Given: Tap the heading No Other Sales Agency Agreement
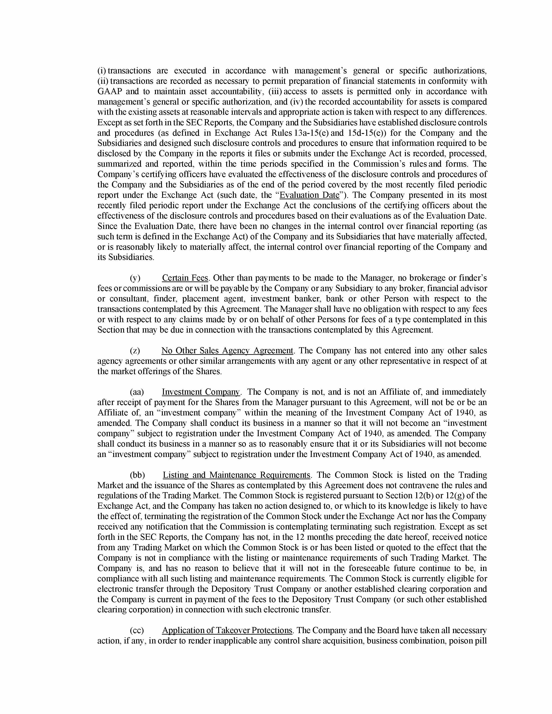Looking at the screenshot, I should (x=227, y=351).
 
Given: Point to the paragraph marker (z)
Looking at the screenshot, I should (x=135, y=351).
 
